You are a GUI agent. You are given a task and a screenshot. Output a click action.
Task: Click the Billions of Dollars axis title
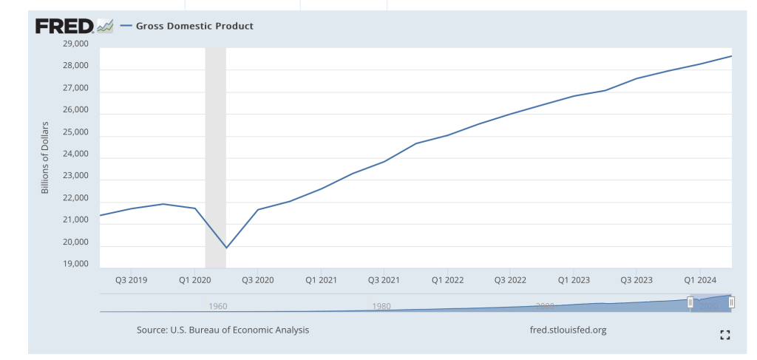point(45,157)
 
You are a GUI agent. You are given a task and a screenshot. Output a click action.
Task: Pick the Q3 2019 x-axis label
point(132,280)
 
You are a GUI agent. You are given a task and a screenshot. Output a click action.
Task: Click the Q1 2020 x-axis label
point(195,280)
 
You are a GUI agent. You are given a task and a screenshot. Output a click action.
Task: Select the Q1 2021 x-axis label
point(322,280)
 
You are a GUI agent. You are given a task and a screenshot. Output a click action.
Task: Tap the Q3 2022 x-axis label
point(511,280)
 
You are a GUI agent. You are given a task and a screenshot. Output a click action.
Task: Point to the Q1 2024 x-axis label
point(699,280)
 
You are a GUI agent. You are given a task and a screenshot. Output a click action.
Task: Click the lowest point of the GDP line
point(226,248)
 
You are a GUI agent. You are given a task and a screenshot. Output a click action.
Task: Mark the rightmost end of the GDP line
point(731,56)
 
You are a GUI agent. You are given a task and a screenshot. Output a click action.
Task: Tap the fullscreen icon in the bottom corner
point(724,335)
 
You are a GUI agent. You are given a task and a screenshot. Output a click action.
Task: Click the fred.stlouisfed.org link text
point(568,330)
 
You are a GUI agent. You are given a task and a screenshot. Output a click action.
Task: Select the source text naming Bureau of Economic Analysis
point(223,330)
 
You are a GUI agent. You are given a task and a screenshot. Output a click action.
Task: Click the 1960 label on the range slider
point(218,306)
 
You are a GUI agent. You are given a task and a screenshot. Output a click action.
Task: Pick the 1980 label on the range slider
point(381,306)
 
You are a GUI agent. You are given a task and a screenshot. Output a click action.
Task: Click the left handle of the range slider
point(690,302)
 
